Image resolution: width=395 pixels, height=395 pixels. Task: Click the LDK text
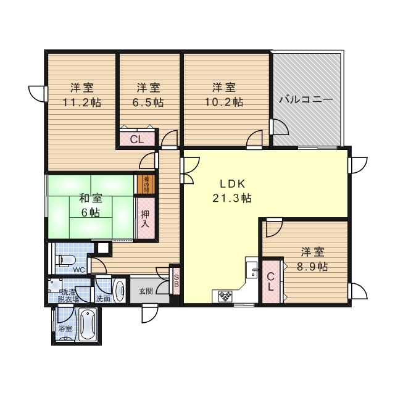coord(233,183)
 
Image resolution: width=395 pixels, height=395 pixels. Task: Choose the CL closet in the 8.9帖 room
coord(270,282)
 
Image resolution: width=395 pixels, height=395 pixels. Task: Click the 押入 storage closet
coord(144,218)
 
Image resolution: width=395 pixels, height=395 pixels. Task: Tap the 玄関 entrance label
coord(146,291)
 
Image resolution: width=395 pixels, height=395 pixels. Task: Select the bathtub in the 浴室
coord(86,325)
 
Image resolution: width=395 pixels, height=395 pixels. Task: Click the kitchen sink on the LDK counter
coord(252,268)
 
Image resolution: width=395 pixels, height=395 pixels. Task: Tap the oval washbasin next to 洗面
coord(119,290)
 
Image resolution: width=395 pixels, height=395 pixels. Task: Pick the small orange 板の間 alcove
coord(147,184)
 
